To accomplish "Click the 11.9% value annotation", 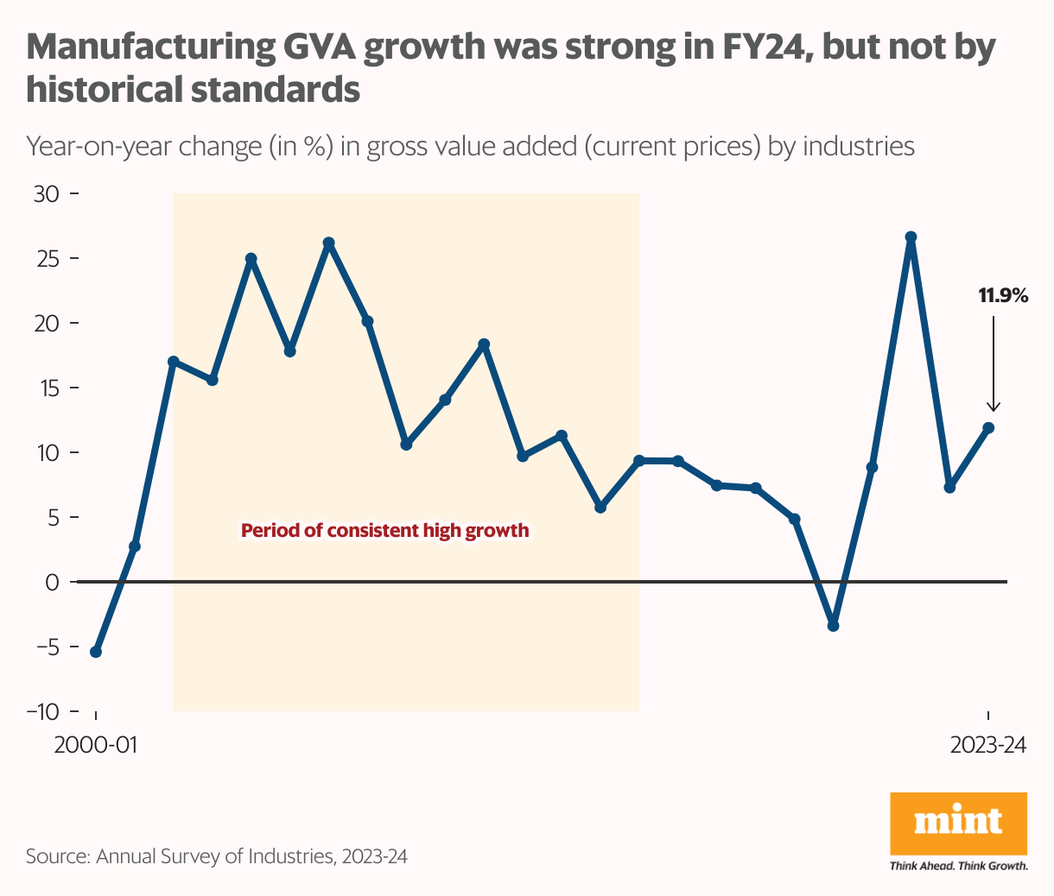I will click(x=1002, y=296).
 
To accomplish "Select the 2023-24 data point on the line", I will click(x=988, y=428).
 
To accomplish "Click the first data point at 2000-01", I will click(x=96, y=652).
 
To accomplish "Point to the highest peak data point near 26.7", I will click(x=911, y=237).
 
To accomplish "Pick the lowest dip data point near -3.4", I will click(x=833, y=626).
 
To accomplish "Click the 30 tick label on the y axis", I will click(x=46, y=194).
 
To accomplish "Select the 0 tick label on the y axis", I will click(x=53, y=583).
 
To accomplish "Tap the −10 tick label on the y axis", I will click(x=42, y=712).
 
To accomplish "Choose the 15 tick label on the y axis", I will click(x=47, y=388).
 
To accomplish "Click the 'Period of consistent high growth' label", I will click(x=384, y=531).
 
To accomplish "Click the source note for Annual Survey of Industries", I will click(x=217, y=857).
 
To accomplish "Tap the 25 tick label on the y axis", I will click(x=47, y=259).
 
